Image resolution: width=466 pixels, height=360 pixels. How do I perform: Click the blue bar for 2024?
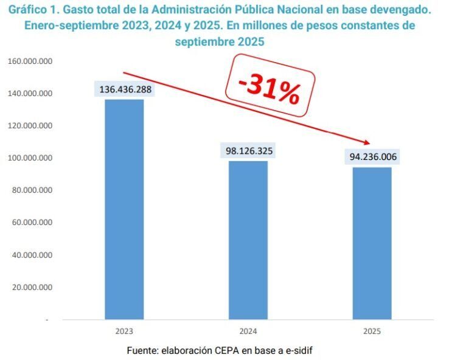248,240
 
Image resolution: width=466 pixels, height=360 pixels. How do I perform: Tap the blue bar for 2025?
372,243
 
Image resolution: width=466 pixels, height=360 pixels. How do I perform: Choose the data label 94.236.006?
372,157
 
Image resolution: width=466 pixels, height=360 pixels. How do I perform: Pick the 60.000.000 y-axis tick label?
33,223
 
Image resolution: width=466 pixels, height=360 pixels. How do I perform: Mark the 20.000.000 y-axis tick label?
33,287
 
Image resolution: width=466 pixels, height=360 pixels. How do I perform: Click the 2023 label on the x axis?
124,331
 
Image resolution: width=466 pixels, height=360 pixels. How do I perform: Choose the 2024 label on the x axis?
248,331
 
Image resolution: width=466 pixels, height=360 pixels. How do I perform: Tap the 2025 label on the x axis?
372,331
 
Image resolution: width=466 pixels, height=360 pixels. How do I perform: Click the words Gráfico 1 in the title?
31,11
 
